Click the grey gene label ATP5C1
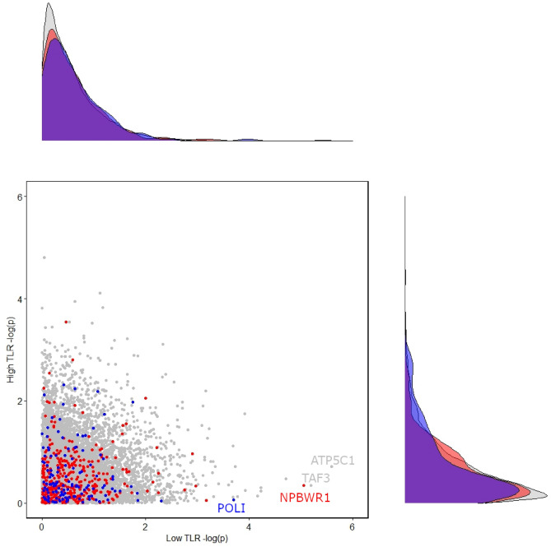tap(332, 461)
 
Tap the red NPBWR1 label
tap(306, 497)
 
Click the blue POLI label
tap(231, 508)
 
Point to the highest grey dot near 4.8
tap(44, 257)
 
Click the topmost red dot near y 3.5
tap(66, 322)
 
